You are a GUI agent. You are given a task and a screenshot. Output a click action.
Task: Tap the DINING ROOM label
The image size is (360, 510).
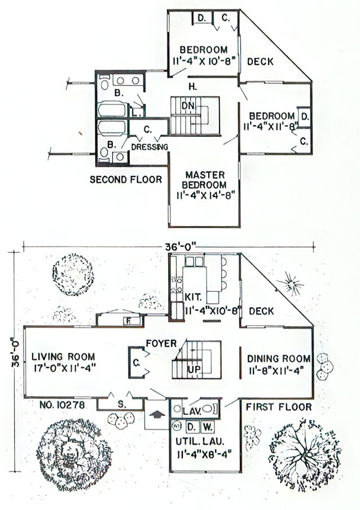tap(279, 358)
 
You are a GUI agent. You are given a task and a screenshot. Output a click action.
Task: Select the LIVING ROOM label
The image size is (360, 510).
tap(63, 357)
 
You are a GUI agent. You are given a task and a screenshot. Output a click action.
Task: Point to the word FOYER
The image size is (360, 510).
tap(162, 342)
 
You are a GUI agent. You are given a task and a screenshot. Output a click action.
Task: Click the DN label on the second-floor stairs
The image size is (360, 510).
tap(188, 105)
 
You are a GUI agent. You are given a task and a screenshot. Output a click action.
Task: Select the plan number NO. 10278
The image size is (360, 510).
tap(63, 405)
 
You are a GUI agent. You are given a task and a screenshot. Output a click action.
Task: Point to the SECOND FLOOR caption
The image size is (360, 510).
tap(126, 180)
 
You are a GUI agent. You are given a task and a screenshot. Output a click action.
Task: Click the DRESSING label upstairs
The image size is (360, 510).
tap(149, 147)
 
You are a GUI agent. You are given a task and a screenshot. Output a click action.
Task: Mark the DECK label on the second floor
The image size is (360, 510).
tap(260, 61)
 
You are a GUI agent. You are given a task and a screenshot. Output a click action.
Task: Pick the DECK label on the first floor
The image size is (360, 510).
tap(262, 311)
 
